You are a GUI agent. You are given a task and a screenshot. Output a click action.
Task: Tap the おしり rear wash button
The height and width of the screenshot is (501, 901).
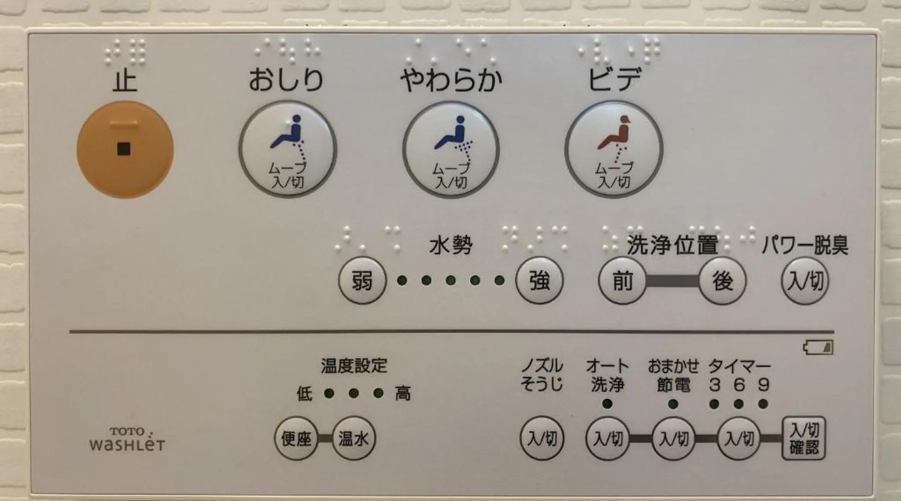(x=287, y=150)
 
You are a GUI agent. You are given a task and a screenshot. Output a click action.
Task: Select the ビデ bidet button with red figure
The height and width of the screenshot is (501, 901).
(x=614, y=150)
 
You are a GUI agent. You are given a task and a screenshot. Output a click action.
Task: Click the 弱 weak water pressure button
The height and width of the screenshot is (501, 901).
(x=362, y=281)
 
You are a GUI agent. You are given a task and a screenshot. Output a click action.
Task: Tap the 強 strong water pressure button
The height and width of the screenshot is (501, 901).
(x=540, y=281)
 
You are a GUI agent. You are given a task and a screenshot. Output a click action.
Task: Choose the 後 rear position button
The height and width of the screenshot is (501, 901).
(x=722, y=281)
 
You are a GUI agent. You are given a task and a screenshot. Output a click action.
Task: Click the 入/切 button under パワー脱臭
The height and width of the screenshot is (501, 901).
(x=805, y=281)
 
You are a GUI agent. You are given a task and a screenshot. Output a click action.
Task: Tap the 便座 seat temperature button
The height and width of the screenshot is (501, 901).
(x=296, y=439)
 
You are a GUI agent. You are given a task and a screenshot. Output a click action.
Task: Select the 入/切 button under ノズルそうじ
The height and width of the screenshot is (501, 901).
(x=542, y=439)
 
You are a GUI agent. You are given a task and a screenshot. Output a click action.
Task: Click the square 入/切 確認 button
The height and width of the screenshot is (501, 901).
(x=804, y=439)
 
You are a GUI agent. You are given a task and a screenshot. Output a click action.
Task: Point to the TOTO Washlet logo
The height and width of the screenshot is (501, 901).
(x=127, y=439)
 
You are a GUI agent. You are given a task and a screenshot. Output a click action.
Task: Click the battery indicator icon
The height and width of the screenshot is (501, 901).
(x=818, y=347)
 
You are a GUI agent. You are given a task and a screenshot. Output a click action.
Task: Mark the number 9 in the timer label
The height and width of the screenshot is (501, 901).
(x=763, y=385)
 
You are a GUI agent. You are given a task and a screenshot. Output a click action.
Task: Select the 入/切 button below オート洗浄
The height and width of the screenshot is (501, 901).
(x=608, y=439)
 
